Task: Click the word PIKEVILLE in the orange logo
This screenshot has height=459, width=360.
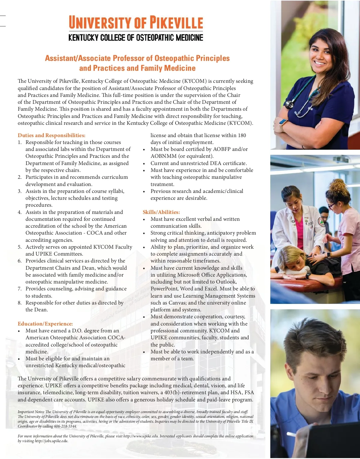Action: pyautogui.click(x=176, y=23)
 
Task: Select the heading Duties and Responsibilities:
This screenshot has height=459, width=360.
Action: pyautogui.click(x=51, y=135)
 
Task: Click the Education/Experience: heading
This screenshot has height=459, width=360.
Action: pyautogui.click(x=45, y=324)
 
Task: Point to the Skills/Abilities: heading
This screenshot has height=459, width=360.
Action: pyautogui.click(x=161, y=212)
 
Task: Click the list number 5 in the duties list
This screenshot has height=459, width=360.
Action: pyautogui.click(x=19, y=247)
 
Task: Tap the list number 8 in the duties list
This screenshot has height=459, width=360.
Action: pyautogui.click(x=19, y=303)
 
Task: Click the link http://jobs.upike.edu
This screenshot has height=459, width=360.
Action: pyautogui.click(x=51, y=441)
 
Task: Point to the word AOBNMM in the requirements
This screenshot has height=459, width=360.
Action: pyautogui.click(x=163, y=156)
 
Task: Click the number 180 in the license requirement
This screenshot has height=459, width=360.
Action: pyautogui.click(x=242, y=135)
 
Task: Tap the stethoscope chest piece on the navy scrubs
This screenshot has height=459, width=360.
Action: pyautogui.click(x=289, y=105)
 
